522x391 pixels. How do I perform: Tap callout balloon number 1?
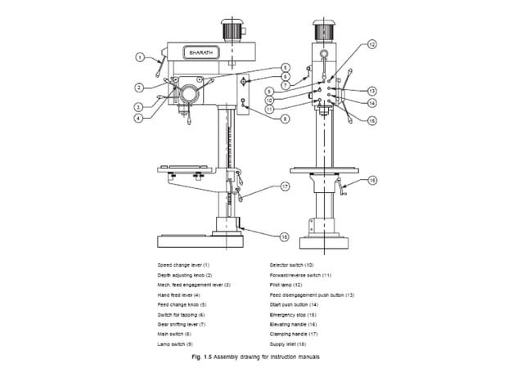tap(140, 57)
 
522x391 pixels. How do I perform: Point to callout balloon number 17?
tap(286, 187)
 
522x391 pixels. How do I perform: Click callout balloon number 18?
tap(284, 236)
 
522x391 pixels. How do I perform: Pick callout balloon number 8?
tap(285, 119)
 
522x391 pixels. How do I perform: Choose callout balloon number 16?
tap(372, 179)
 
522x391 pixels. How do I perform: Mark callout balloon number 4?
tap(140, 118)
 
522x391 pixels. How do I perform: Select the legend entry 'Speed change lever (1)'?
tap(184, 265)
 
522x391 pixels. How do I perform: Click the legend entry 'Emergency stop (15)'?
tap(295, 314)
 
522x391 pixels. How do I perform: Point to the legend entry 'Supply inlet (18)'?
tap(290, 344)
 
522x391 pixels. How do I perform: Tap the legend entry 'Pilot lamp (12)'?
tap(286, 285)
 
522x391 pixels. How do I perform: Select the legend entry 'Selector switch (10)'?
tap(291, 265)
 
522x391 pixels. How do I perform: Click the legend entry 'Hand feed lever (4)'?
tap(179, 294)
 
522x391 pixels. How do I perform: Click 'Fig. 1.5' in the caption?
tap(200, 357)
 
